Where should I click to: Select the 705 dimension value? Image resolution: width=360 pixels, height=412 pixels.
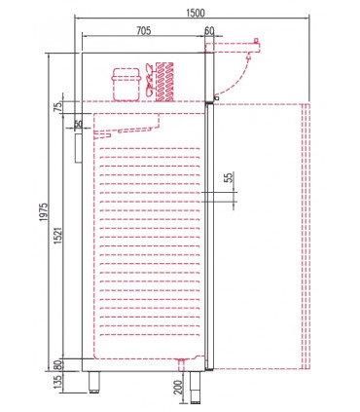(144, 32)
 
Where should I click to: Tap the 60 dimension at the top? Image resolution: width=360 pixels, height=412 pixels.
(209, 32)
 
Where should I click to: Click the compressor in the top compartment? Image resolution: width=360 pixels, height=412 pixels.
(126, 83)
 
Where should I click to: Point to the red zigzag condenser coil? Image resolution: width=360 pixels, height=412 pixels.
(164, 80)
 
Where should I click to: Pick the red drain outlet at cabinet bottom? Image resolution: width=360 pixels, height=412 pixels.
(183, 365)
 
